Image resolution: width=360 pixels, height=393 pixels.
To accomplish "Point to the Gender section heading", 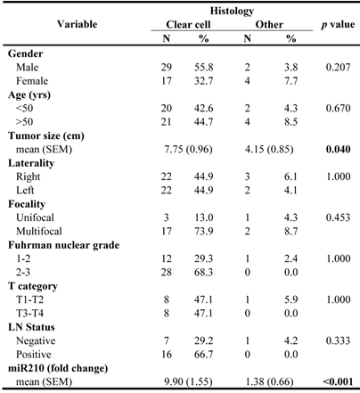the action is (x=28, y=55).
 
